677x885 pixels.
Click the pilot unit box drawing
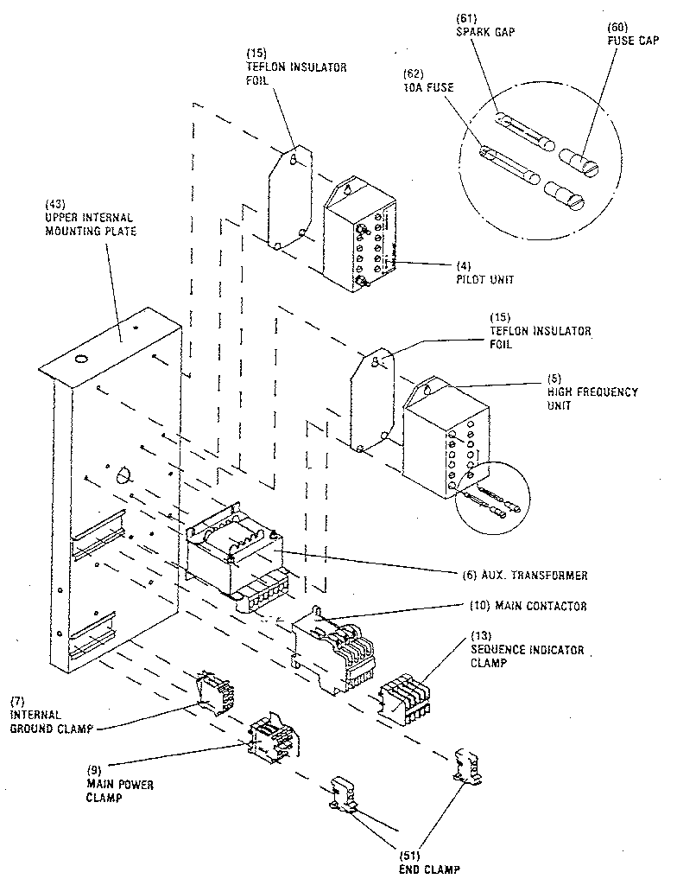click(359, 237)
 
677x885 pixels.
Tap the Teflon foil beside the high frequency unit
click(372, 401)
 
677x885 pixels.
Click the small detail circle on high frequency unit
click(490, 496)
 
